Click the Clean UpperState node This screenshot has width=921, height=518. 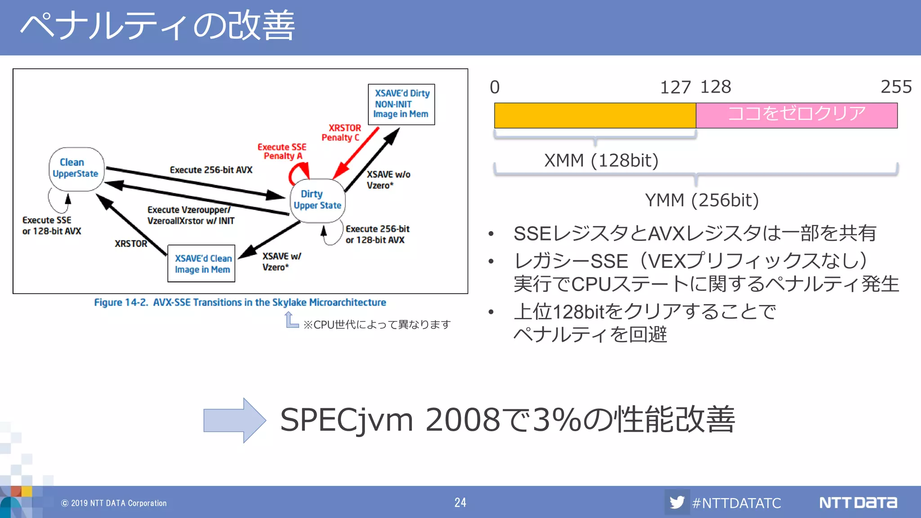click(76, 169)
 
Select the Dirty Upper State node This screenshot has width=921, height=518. click(317, 200)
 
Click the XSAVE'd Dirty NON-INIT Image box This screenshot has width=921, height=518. click(401, 104)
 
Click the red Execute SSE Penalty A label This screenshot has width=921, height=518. click(282, 152)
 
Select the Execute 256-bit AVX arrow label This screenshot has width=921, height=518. click(211, 170)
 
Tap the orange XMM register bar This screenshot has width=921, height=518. click(595, 116)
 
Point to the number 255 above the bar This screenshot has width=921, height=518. click(895, 87)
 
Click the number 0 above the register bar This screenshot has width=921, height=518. click(495, 87)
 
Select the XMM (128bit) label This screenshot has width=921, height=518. click(601, 161)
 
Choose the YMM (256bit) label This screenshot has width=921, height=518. click(702, 200)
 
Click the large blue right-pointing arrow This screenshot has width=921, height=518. click(234, 420)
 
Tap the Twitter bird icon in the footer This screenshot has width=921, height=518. click(677, 502)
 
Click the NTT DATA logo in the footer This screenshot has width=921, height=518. click(858, 502)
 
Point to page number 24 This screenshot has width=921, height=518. click(460, 502)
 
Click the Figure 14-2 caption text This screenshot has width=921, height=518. click(240, 302)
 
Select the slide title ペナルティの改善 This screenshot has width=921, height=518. click(157, 26)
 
